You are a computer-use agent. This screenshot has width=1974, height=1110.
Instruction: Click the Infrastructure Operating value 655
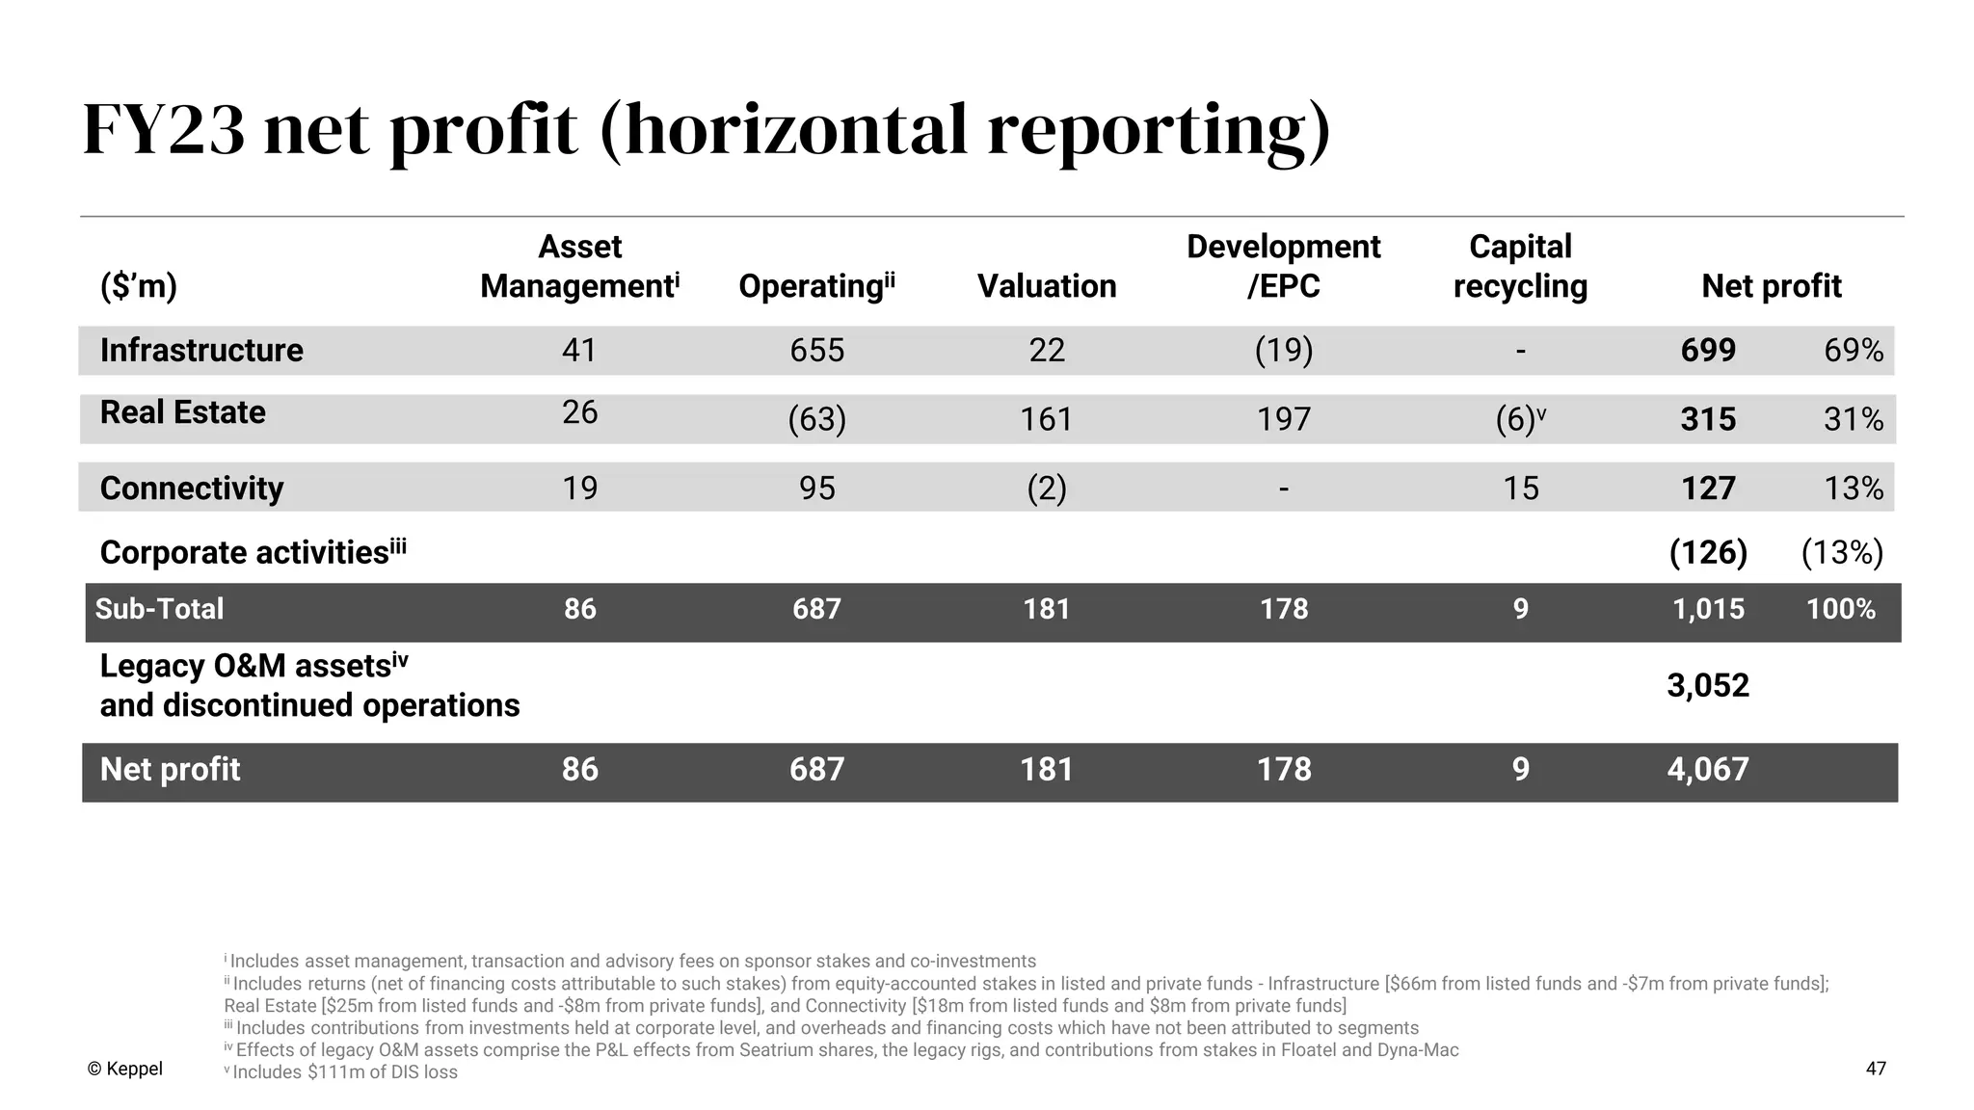click(816, 350)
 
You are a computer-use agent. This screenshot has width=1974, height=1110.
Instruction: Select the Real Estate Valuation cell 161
click(1046, 419)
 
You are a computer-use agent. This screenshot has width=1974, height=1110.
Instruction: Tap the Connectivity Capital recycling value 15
click(1520, 489)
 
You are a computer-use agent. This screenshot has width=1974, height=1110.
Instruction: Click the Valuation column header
click(1046, 286)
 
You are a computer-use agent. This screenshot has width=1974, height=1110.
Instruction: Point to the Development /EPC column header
click(1283, 266)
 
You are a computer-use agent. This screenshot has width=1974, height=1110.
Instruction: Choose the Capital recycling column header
click(1520, 266)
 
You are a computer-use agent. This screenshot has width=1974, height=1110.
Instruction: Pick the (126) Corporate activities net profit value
click(1708, 552)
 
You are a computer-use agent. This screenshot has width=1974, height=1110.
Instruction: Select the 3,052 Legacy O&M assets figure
click(1707, 685)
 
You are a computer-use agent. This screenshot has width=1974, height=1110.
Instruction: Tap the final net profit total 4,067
click(1707, 769)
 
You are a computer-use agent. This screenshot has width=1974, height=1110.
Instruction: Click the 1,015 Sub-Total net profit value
click(1707, 609)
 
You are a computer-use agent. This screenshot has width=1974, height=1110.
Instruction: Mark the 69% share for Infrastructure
click(1853, 350)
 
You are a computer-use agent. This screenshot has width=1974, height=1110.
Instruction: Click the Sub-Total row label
click(159, 609)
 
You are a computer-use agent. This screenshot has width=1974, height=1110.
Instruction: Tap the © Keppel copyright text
click(124, 1069)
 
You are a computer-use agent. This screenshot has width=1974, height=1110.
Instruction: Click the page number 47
click(1875, 1069)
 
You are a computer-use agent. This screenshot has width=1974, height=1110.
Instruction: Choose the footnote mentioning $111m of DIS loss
click(342, 1072)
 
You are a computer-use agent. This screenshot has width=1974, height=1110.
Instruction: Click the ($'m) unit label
click(139, 286)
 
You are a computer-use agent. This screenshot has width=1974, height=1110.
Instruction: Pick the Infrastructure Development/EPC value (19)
click(1283, 350)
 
